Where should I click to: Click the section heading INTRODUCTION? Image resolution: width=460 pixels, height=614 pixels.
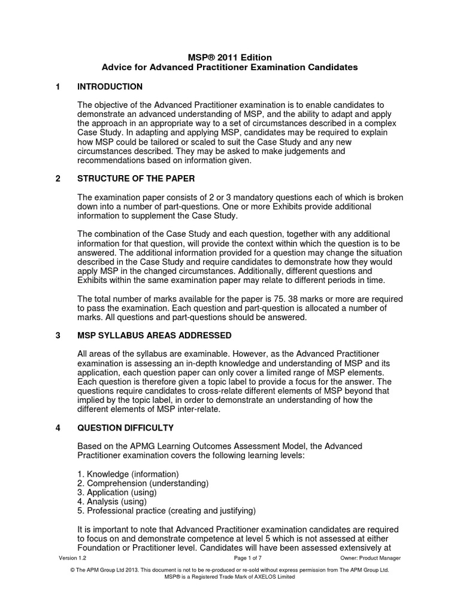pos(110,87)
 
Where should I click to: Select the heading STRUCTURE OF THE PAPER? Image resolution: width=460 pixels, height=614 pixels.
pos(136,179)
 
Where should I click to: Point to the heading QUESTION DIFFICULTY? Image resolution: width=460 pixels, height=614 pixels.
pos(126,428)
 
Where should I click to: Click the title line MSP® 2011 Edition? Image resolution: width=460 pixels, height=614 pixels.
pos(230,57)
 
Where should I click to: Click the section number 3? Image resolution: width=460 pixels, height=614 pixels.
pos(58,335)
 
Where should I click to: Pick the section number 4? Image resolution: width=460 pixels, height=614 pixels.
pos(58,428)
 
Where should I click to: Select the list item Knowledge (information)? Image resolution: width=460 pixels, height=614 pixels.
pos(128,474)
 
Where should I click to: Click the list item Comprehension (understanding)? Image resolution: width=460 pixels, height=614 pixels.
pos(143,483)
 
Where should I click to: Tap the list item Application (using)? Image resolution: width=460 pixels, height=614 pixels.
pos(117,492)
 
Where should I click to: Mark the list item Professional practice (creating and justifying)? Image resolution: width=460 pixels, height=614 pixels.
pos(167,511)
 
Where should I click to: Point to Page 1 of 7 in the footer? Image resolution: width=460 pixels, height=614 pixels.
pos(230,558)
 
